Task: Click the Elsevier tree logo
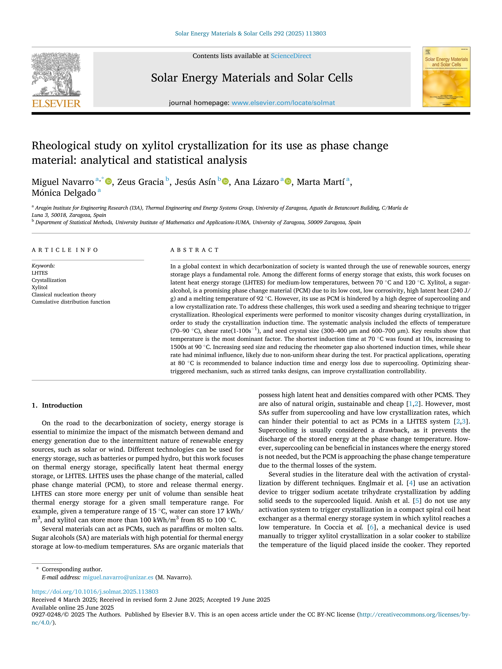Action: pyautogui.click(x=56, y=74)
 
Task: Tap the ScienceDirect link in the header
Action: pyautogui.click(x=291, y=56)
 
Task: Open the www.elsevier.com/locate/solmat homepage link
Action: pyautogui.click(x=283, y=103)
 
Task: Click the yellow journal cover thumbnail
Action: pyautogui.click(x=446, y=77)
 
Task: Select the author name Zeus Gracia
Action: pyautogui.click(x=140, y=182)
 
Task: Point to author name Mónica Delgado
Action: pyautogui.click(x=64, y=193)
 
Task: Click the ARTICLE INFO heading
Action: pyautogui.click(x=65, y=250)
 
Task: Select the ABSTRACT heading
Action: pyautogui.click(x=195, y=250)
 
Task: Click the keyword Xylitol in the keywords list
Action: pyautogui.click(x=40, y=287)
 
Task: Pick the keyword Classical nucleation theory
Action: pyautogui.click(x=64, y=295)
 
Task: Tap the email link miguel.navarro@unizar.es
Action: pyautogui.click(x=118, y=577)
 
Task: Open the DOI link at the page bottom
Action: pyautogui.click(x=95, y=592)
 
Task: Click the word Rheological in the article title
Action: pyautogui.click(x=61, y=146)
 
